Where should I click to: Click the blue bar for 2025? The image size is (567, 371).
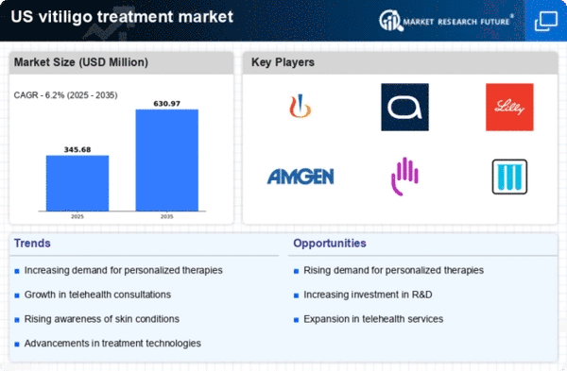pyautogui.click(x=77, y=183)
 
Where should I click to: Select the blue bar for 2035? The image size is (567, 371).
pyautogui.click(x=166, y=160)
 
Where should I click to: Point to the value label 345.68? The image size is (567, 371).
pyautogui.click(x=77, y=149)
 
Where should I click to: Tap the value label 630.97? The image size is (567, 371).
pyautogui.click(x=166, y=104)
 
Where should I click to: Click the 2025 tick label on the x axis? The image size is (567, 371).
pyautogui.click(x=77, y=216)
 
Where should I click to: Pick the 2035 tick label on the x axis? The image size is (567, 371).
pyautogui.click(x=166, y=216)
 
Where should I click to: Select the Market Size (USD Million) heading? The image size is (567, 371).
pyautogui.click(x=81, y=62)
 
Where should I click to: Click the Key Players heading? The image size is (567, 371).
pyautogui.click(x=283, y=62)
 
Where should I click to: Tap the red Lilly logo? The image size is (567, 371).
pyautogui.click(x=509, y=107)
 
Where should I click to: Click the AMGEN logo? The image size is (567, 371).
pyautogui.click(x=301, y=177)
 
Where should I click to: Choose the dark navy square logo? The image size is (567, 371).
pyautogui.click(x=405, y=107)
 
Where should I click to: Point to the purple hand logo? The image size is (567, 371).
pyautogui.click(x=405, y=177)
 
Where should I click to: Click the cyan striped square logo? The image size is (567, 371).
pyautogui.click(x=509, y=177)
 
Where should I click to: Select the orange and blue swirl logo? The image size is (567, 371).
pyautogui.click(x=301, y=107)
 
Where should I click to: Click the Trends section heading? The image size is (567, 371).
pyautogui.click(x=32, y=244)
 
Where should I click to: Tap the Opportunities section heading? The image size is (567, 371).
pyautogui.click(x=330, y=244)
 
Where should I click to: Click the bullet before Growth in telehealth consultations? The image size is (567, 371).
pyautogui.click(x=17, y=295)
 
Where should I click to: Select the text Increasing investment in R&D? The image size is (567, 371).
pyautogui.click(x=368, y=295)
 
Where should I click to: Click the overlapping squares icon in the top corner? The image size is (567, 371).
pyautogui.click(x=546, y=21)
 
